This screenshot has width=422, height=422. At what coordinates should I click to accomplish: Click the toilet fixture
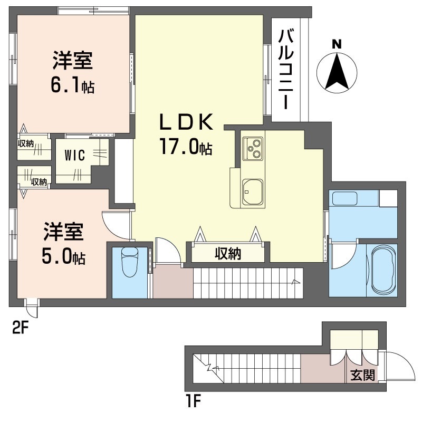129,262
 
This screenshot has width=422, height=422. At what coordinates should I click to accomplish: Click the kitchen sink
253,192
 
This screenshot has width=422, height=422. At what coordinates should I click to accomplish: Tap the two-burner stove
253,148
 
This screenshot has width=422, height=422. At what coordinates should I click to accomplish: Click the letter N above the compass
337,44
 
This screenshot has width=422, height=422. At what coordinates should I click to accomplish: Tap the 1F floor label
193,402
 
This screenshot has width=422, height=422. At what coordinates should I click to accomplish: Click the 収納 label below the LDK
227,254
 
